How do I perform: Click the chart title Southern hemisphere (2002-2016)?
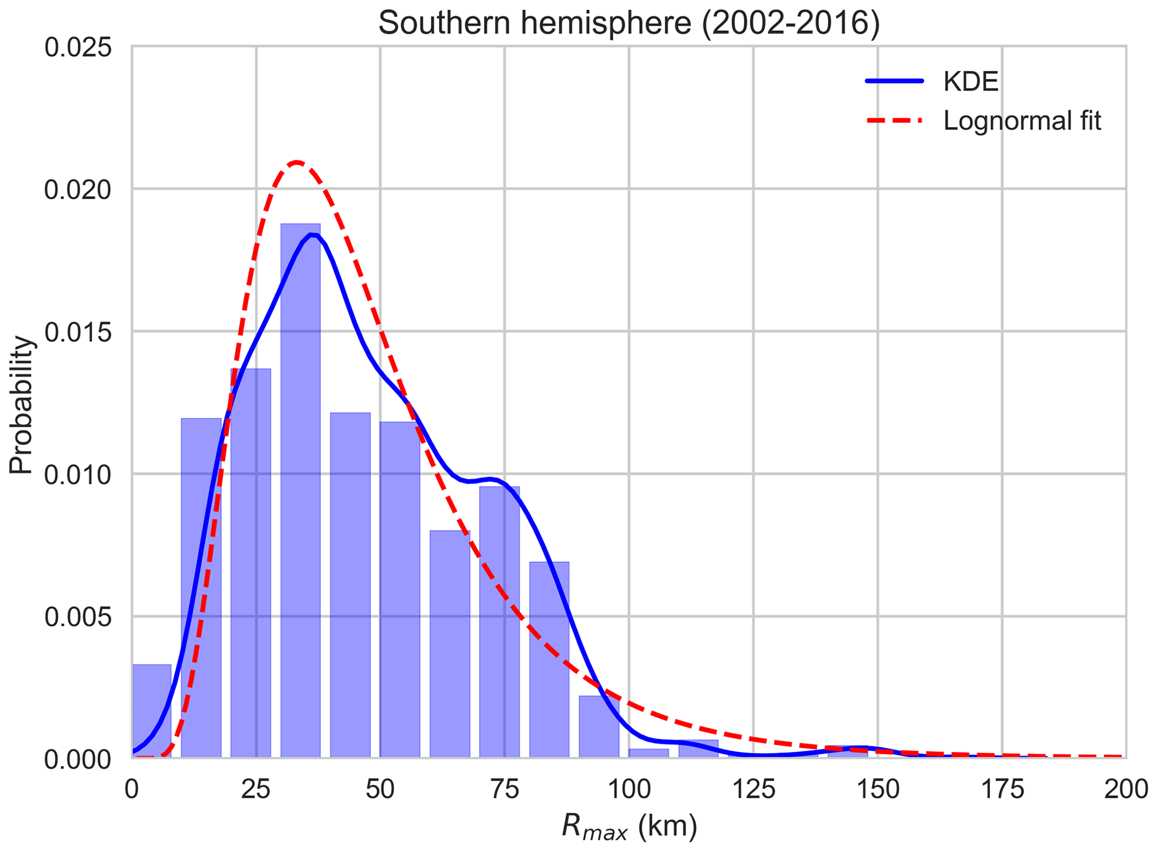click(x=629, y=24)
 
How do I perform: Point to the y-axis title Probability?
click(x=22, y=404)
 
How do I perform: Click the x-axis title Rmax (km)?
click(x=629, y=827)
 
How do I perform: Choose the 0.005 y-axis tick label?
click(x=78, y=617)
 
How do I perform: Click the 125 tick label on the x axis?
click(x=753, y=790)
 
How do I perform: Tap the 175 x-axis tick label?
click(x=1002, y=790)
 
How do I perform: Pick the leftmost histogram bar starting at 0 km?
click(x=151, y=711)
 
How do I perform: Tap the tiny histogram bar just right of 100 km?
click(x=649, y=753)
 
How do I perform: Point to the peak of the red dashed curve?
click(x=297, y=162)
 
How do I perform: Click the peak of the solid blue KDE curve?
click(x=313, y=235)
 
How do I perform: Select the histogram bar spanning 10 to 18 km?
click(x=201, y=588)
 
